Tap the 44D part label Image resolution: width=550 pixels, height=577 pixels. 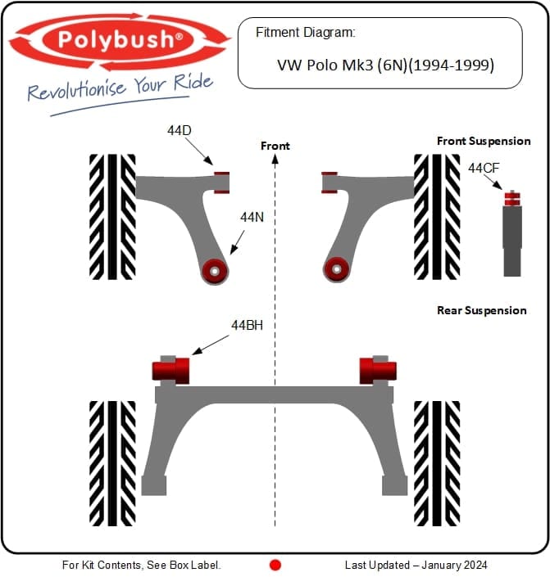180,130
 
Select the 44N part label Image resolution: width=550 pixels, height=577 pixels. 252,217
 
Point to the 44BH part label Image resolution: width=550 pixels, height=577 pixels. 247,325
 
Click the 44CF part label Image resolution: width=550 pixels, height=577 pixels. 484,168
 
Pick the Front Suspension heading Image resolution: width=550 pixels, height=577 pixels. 484,141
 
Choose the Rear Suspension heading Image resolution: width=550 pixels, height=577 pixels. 481,310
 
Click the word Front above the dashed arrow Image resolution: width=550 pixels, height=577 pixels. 275,146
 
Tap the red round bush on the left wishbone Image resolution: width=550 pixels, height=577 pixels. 215,271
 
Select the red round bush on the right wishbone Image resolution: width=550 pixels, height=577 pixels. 336,269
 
